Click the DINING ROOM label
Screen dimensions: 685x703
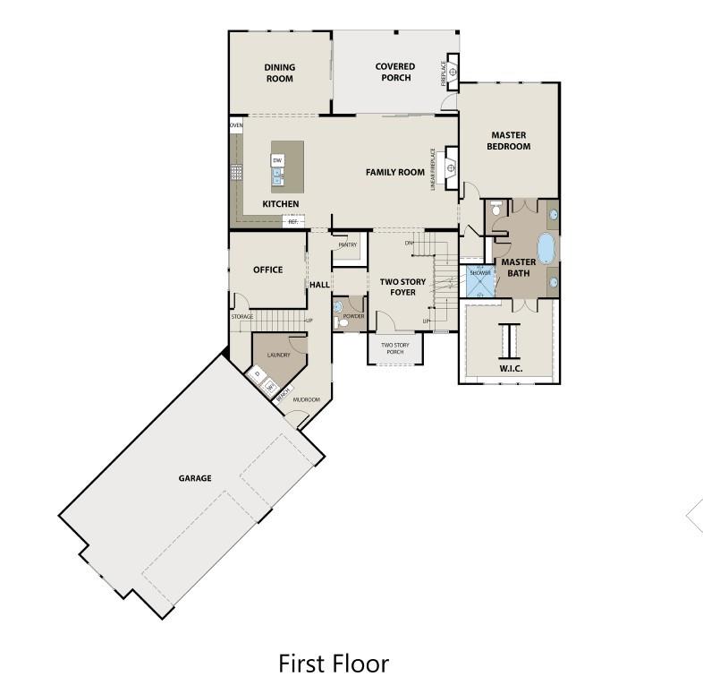point(279,73)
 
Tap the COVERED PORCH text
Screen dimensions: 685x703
point(394,72)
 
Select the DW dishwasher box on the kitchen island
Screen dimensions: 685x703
point(277,160)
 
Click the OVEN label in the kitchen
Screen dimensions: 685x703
point(236,126)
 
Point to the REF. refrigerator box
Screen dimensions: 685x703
point(292,221)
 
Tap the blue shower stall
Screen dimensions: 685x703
point(479,280)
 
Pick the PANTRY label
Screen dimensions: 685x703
point(347,244)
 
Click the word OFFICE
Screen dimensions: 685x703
point(267,270)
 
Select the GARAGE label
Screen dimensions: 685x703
point(195,478)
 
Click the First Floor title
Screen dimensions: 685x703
point(334,664)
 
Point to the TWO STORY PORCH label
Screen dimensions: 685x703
point(394,348)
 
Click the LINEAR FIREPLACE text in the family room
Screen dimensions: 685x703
point(434,169)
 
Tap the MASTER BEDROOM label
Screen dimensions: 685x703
point(508,141)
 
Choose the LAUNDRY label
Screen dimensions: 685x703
point(278,355)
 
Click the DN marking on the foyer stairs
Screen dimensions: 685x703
point(409,243)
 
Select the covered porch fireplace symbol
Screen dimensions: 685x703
point(452,70)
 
